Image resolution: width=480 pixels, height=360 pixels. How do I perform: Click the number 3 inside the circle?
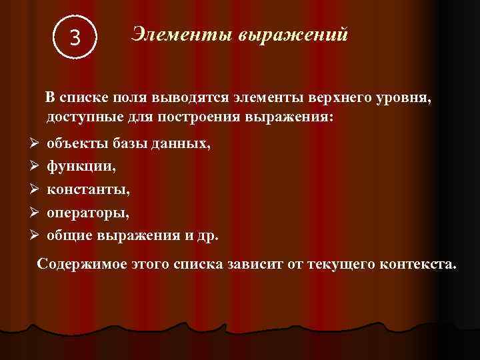(75, 39)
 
